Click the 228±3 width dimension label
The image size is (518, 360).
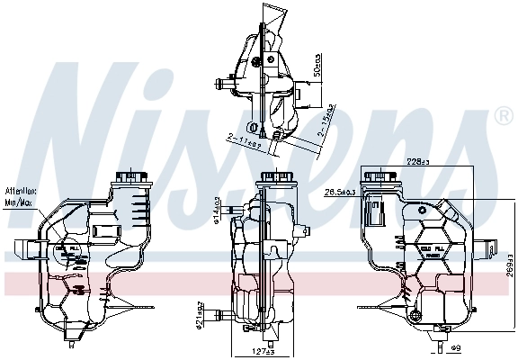(415, 163)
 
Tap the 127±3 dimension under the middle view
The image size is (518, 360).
(262, 352)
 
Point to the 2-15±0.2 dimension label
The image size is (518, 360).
(327, 123)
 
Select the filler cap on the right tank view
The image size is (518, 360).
(377, 174)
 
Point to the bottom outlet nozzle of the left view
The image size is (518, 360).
(74, 340)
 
